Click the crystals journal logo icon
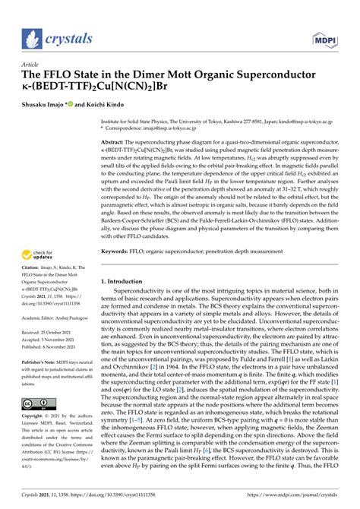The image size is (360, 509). click(32, 36)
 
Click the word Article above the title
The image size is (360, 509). click(33, 65)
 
